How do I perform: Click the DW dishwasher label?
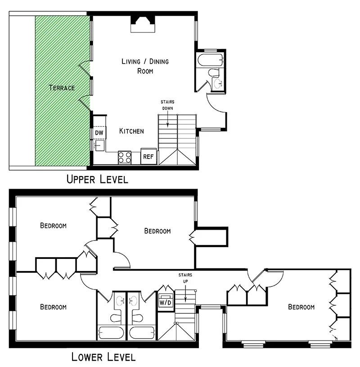pos(99,133)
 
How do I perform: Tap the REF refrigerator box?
pos(148,156)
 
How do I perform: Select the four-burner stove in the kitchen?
pos(125,158)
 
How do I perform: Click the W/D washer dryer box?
pos(166,303)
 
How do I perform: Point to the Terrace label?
pos(62,88)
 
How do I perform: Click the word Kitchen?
pos(131,131)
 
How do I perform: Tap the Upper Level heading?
pos(97,179)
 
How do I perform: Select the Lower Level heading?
pos(103,357)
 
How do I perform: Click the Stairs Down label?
pos(167,105)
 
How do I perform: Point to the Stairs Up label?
pos(185,278)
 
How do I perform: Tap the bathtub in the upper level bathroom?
pos(210,60)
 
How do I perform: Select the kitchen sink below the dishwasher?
pos(99,145)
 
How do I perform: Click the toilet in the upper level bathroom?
pos(214,73)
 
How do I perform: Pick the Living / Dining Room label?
pos(145,66)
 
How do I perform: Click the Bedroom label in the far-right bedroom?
pos(301,307)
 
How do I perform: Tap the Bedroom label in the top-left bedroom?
pos(54,226)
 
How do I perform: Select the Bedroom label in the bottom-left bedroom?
pos(54,307)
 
